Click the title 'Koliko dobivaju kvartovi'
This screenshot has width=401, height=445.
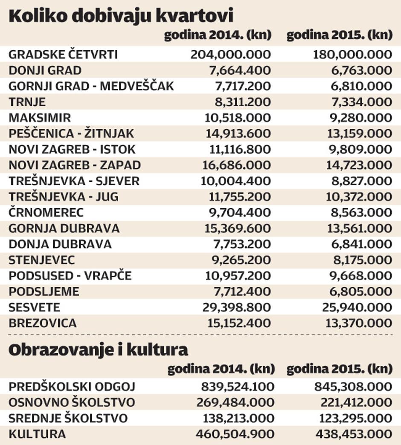[121, 16]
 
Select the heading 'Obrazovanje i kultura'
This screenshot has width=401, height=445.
[98, 349]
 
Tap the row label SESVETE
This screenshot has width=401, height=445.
[35, 307]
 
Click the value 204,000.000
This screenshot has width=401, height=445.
[231, 55]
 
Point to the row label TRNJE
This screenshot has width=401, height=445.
[27, 102]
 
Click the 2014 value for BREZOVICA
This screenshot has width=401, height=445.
[238, 323]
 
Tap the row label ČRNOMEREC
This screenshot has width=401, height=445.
[46, 212]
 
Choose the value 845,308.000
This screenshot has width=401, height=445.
[353, 387]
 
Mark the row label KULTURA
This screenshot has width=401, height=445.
[37, 434]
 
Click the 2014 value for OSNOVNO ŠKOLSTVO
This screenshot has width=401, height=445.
[235, 402]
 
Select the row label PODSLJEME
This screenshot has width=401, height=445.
[44, 291]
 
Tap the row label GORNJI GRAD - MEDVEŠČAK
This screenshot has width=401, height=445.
[91, 86]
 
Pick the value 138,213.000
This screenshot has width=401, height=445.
[235, 418]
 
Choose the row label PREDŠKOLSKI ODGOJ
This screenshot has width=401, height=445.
[72, 387]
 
